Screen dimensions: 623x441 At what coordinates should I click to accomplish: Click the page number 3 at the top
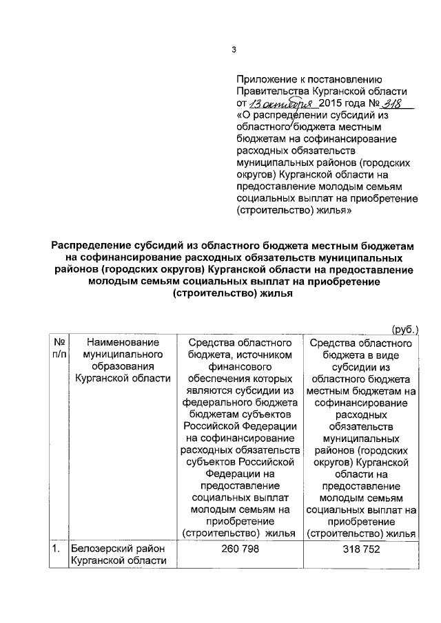click(x=233, y=50)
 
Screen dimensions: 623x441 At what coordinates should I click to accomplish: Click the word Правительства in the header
click(x=271, y=92)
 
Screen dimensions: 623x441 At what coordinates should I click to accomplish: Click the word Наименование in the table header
click(x=123, y=342)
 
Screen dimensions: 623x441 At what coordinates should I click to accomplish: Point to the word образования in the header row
click(x=123, y=367)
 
